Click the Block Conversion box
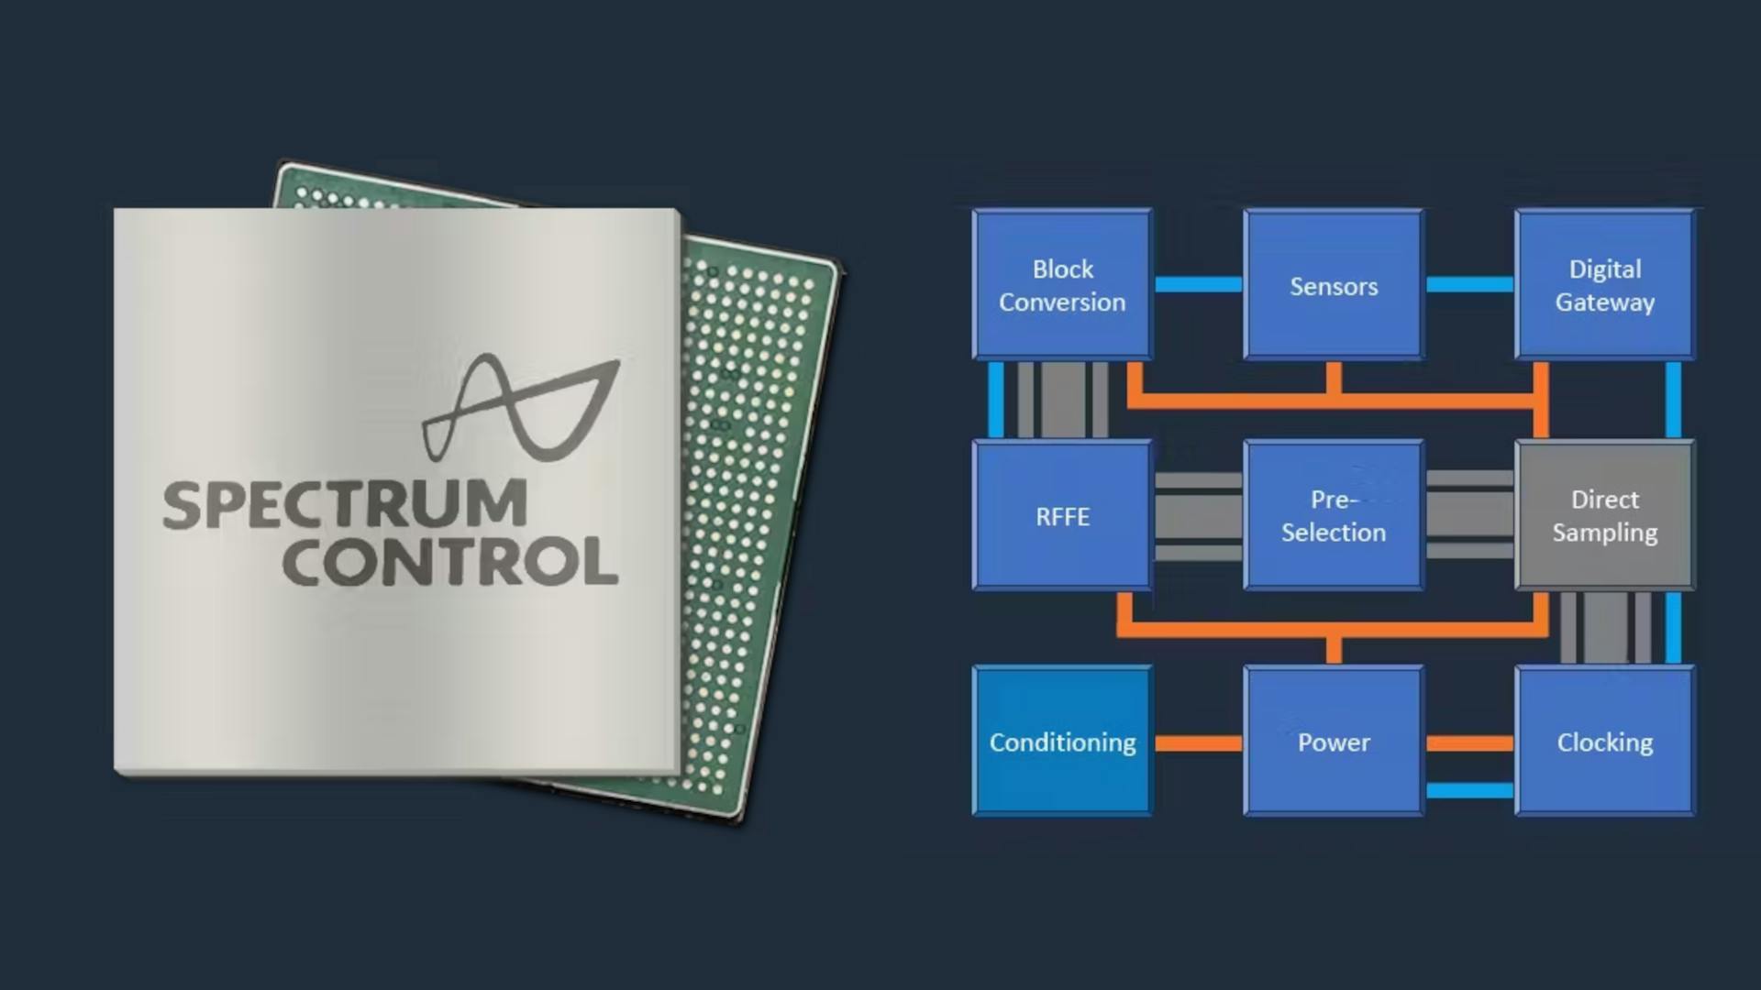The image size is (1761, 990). tap(1062, 284)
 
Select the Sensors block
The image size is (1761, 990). tap(1334, 284)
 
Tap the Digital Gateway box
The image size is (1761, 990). tap(1604, 284)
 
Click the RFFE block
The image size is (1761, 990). tap(1062, 515)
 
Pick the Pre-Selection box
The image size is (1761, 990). tap(1334, 515)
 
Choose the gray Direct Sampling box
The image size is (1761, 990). tap(1604, 515)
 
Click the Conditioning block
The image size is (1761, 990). tap(1062, 741)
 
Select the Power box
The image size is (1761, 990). tap(1334, 741)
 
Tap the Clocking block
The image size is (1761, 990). tap(1604, 741)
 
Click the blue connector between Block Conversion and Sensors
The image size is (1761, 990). tap(1198, 284)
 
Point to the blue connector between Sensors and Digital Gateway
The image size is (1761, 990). tap(1469, 284)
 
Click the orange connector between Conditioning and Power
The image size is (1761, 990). tap(1198, 742)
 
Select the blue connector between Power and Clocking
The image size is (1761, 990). tap(1469, 790)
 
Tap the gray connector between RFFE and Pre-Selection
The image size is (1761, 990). tap(1198, 516)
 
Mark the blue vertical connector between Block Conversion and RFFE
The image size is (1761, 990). tap(995, 400)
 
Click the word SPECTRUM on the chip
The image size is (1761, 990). tap(345, 504)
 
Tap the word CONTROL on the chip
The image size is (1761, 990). tap(449, 562)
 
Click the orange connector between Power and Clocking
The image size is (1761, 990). tap(1469, 743)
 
